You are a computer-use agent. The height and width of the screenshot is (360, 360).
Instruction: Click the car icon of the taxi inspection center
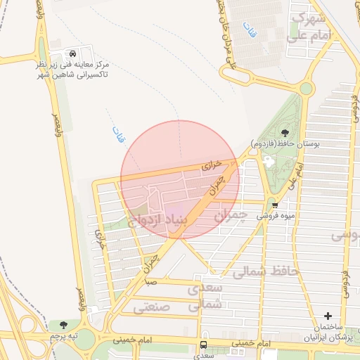pos(73,53)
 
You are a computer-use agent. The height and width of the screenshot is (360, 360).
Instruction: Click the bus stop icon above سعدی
pos(203,345)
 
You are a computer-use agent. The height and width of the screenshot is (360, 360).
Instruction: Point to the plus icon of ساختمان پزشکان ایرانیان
pos(327,317)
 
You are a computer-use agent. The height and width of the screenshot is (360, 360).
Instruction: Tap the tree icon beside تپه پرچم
pos(64,325)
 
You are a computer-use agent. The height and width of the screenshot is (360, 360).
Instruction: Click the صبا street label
pos(150,281)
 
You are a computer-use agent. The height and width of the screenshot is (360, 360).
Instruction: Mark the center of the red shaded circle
pos(180,179)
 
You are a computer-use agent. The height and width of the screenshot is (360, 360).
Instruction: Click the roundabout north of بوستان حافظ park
pos(306,89)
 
